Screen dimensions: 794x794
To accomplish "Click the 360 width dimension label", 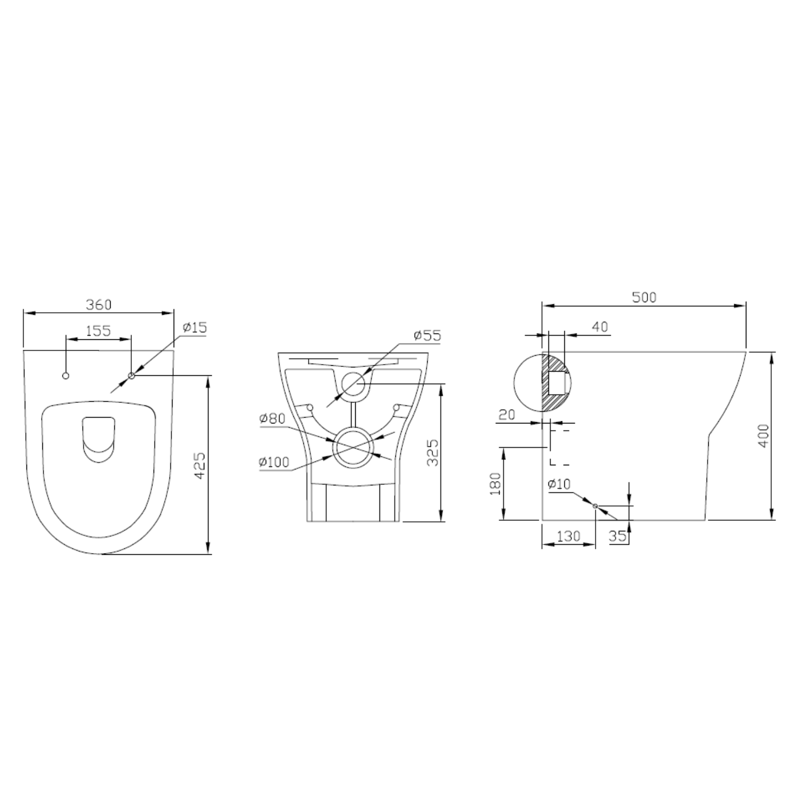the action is [x=98, y=304].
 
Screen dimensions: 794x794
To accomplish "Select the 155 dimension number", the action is [x=98, y=330].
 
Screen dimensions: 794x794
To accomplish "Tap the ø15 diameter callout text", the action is [x=195, y=328].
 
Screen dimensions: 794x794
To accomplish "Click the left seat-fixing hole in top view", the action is [x=66, y=376].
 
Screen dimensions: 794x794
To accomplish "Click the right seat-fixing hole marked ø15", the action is [x=131, y=376].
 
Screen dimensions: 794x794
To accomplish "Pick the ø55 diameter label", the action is [x=428, y=335].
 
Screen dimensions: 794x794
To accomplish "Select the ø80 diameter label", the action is [x=272, y=419].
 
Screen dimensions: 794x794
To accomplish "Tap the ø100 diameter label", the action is [x=274, y=462].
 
